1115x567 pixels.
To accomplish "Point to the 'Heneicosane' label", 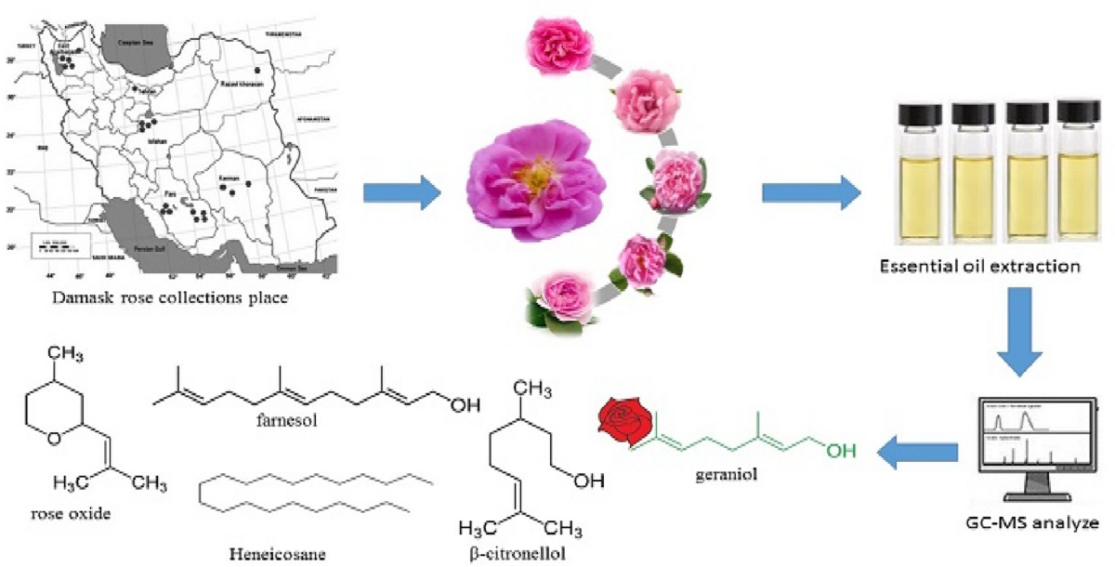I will tap(269, 552).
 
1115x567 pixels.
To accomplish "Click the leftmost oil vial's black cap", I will tap(924, 112).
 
